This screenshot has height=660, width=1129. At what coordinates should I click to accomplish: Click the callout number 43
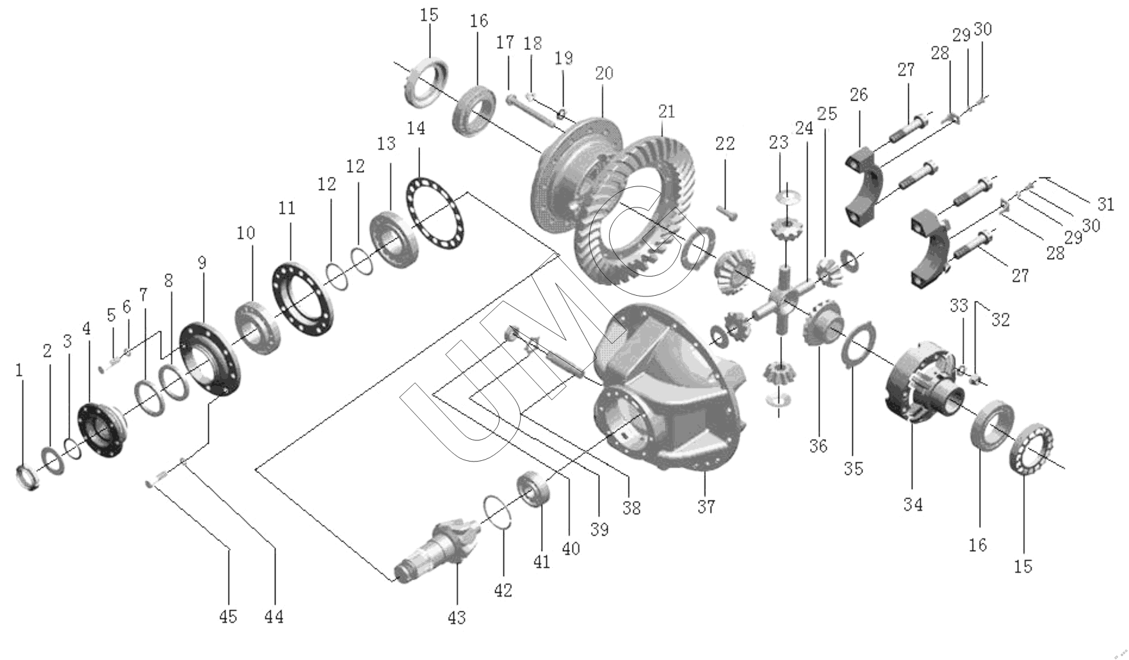coord(457,618)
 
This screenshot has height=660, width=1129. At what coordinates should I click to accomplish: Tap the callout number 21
coord(666,112)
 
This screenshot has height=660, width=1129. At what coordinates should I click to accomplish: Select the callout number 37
coord(706,507)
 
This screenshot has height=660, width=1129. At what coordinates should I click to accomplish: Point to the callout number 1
coord(20,370)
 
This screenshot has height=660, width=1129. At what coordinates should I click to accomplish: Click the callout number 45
coord(228,616)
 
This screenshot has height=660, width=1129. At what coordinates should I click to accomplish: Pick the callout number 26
coord(859,95)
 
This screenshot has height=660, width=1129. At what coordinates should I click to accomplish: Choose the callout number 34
coord(913,504)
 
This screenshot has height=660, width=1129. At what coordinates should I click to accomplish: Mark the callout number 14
coord(416,129)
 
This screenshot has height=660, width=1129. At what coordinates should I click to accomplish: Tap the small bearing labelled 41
coord(535,489)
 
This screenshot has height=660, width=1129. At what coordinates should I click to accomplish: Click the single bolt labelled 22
coord(727,211)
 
